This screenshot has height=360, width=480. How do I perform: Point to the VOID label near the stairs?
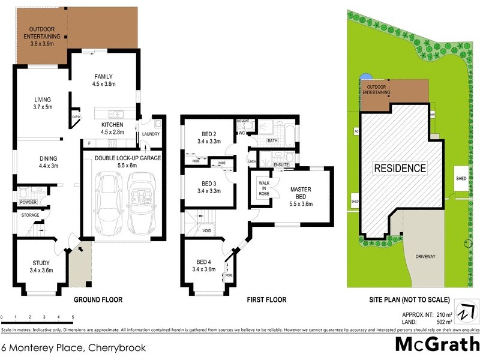coord(206,230)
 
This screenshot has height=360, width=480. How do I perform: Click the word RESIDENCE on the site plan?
coord(401,168)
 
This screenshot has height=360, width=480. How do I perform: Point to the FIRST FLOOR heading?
coord(267,299)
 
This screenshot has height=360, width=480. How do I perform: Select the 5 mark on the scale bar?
coord(73,317)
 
